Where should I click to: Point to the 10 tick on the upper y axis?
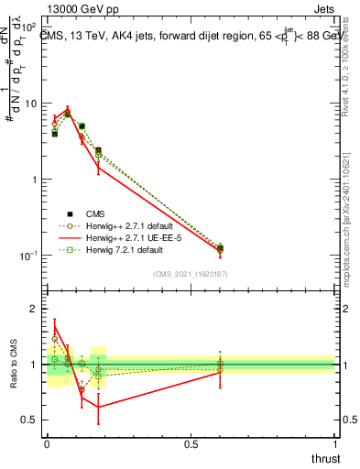pos(31,104)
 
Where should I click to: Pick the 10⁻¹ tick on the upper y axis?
pos(28,255)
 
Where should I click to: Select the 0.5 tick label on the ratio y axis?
pos(33,420)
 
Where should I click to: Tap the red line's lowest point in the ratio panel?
pos(98,407)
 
